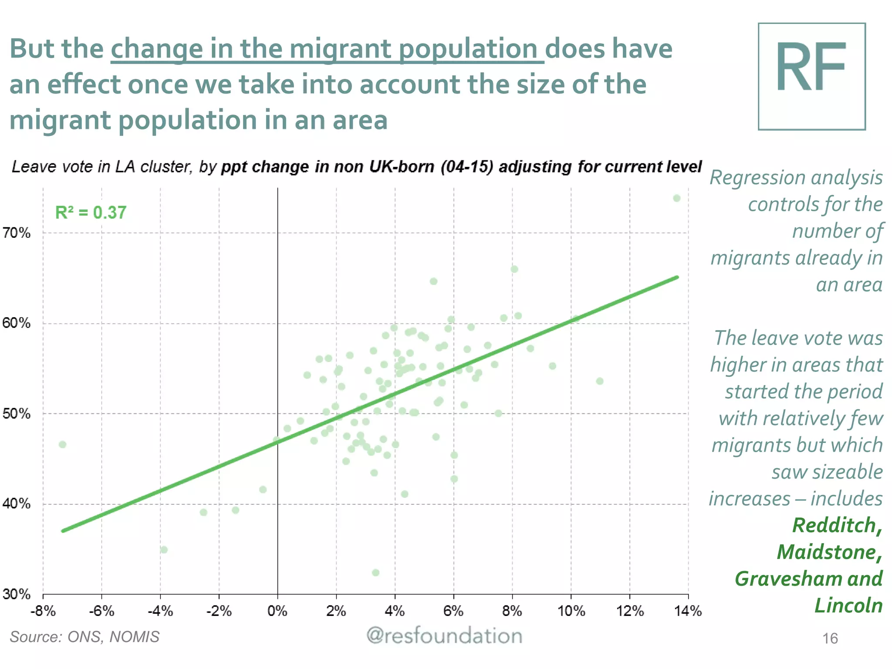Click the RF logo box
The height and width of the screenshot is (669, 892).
pyautogui.click(x=811, y=76)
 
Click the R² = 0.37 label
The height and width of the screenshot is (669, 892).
pyautogui.click(x=91, y=213)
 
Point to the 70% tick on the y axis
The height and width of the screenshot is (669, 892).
pyautogui.click(x=17, y=233)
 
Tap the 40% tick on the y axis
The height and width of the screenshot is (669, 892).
pyautogui.click(x=17, y=504)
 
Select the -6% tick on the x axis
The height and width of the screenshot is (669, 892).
pyautogui.click(x=101, y=611)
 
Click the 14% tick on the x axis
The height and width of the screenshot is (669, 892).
pyautogui.click(x=688, y=611)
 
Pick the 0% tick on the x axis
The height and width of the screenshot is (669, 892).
pyautogui.click(x=277, y=611)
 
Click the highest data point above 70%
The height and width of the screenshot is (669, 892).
pyautogui.click(x=676, y=198)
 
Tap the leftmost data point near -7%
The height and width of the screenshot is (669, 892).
pyautogui.click(x=63, y=444)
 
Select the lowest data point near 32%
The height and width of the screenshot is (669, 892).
pyautogui.click(x=375, y=572)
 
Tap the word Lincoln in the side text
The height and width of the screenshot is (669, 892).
pyautogui.click(x=848, y=605)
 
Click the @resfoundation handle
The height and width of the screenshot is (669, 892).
pyautogui.click(x=444, y=636)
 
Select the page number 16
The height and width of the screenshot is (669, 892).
pyautogui.click(x=830, y=639)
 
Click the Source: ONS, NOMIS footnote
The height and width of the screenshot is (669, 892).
pyautogui.click(x=85, y=637)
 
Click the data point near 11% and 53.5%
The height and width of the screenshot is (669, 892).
pyautogui.click(x=600, y=381)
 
